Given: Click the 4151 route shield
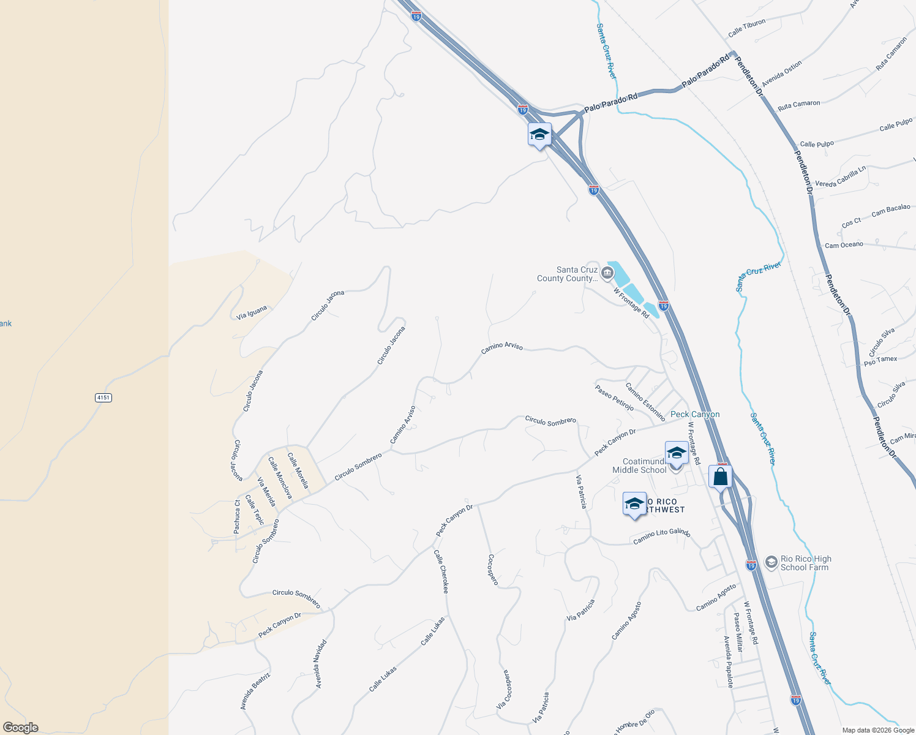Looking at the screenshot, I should (x=103, y=398).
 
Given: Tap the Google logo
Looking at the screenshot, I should (x=20, y=728).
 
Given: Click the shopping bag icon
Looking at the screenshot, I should (x=721, y=476).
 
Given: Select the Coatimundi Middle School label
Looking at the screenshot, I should (x=639, y=466).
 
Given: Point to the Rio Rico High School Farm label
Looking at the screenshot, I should (x=805, y=563).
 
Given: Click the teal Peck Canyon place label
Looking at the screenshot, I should (x=695, y=415).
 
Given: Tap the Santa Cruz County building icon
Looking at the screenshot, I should (x=607, y=273).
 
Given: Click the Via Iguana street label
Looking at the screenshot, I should (x=252, y=312).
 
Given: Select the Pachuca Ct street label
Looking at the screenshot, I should (x=237, y=516).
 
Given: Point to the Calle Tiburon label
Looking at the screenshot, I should (x=747, y=28).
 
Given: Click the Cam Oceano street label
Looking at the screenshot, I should (x=844, y=245).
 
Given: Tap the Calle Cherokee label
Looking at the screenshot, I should (x=441, y=571).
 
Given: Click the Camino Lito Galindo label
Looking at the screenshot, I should (x=661, y=536).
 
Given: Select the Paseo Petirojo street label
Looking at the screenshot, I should (x=614, y=398).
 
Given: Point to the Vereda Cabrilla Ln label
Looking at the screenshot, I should (x=840, y=177).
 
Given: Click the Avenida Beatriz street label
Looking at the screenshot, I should (x=255, y=691).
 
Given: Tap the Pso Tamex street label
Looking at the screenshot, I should (x=880, y=361).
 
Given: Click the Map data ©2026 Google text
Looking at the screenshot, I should (x=878, y=730).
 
